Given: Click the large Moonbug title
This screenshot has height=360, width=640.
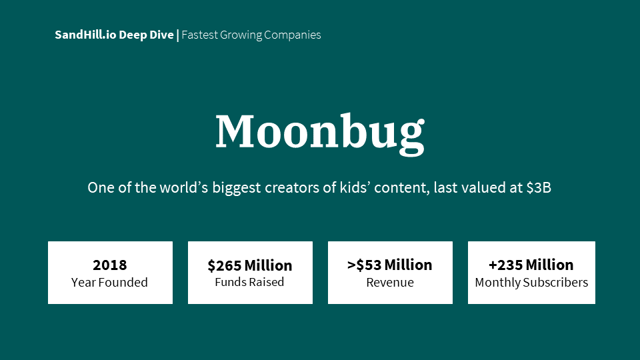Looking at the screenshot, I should [x=319, y=131].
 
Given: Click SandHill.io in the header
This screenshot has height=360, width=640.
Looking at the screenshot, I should [x=85, y=35].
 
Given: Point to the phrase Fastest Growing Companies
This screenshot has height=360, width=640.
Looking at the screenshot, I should [x=251, y=35].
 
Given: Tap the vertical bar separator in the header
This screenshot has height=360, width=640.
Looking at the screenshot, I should [x=177, y=35].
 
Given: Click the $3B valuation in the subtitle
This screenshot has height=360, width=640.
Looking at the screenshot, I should [x=539, y=187].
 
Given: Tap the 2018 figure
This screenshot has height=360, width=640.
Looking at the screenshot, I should [x=110, y=265].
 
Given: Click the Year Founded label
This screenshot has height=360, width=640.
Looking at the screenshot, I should [x=110, y=282].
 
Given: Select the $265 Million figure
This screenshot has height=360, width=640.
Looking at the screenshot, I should [x=250, y=265].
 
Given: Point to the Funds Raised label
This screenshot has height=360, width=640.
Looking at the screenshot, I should [x=250, y=282].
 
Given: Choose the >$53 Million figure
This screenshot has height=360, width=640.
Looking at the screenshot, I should [x=390, y=265].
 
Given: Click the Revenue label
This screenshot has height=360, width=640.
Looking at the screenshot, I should [x=390, y=282].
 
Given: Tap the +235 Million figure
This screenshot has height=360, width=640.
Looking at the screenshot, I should [x=531, y=265].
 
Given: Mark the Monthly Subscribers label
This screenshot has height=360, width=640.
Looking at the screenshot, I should [x=531, y=282].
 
